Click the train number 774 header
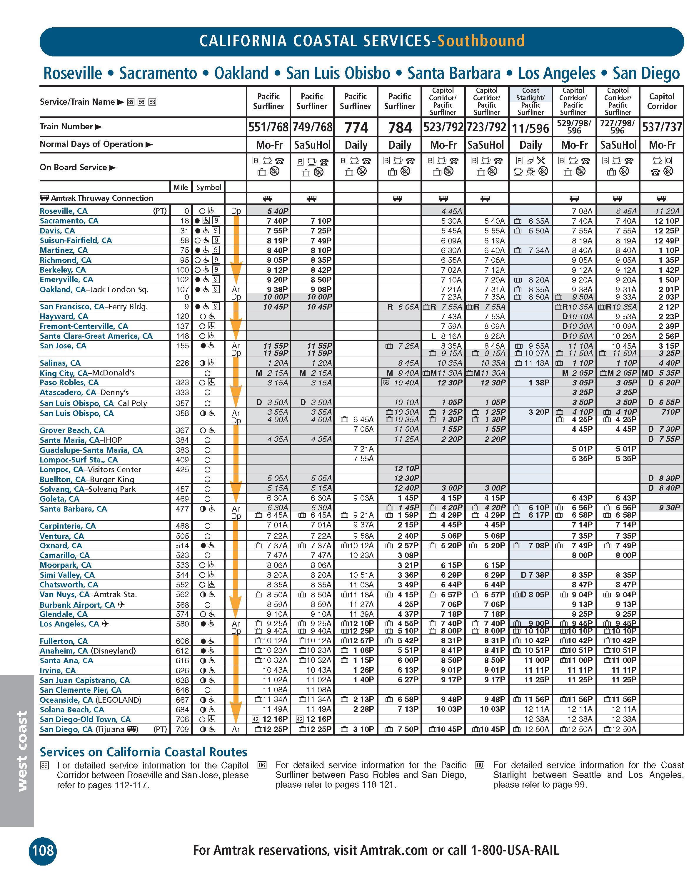tap(356, 128)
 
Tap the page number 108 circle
tap(43, 851)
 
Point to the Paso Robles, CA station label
tap(69, 382)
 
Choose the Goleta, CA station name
tap(60, 499)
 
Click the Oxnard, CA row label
tap(61, 545)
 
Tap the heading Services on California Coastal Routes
tap(144, 752)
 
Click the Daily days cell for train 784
tap(400, 145)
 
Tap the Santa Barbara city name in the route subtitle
tap(454, 73)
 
